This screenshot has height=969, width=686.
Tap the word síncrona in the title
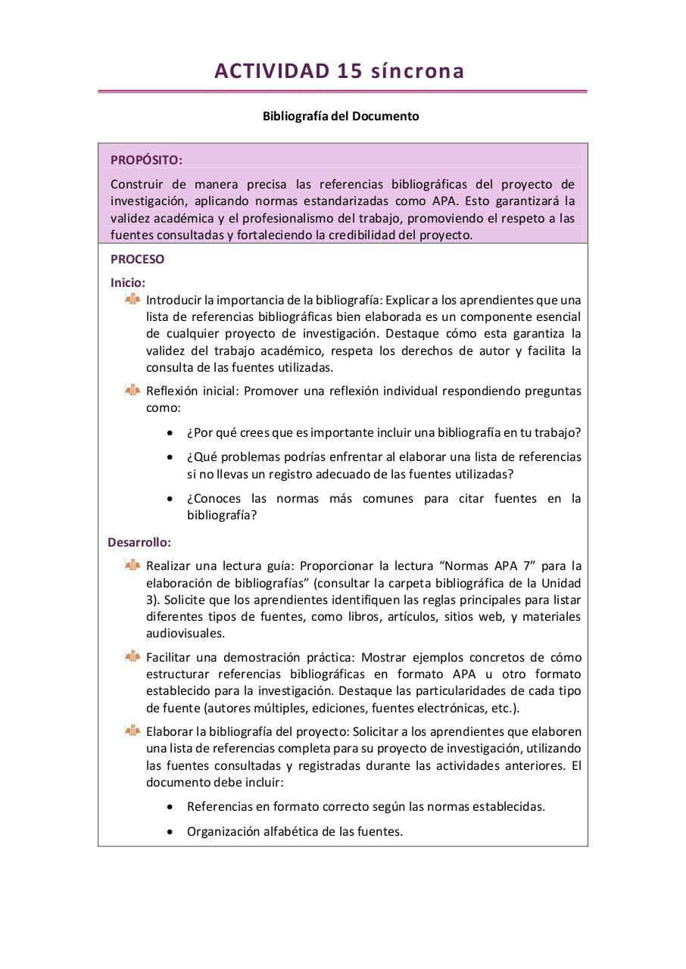pyautogui.click(x=418, y=71)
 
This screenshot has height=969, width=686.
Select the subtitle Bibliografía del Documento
pyautogui.click(x=341, y=117)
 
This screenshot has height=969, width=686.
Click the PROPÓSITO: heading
pyautogui.click(x=146, y=160)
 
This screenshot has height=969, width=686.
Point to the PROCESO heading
pyautogui.click(x=137, y=259)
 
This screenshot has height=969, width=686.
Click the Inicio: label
pyautogui.click(x=128, y=282)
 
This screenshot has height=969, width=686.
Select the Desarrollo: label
pyautogui.click(x=139, y=542)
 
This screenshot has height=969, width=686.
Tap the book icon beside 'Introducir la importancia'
pyautogui.click(x=133, y=300)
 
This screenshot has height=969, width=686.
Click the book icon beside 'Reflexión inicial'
pyautogui.click(x=133, y=391)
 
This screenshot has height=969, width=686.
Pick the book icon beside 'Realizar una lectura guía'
pyautogui.click(x=133, y=565)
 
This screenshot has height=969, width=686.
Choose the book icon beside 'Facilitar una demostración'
pyautogui.click(x=133, y=656)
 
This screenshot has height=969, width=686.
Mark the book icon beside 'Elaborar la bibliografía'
pyautogui.click(x=133, y=731)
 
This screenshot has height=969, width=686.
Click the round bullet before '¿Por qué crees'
pyautogui.click(x=170, y=433)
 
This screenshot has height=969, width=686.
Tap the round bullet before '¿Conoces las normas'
pyautogui.click(x=170, y=499)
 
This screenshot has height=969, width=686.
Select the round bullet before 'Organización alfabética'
pyautogui.click(x=170, y=832)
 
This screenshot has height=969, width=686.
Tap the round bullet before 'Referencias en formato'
pyautogui.click(x=170, y=807)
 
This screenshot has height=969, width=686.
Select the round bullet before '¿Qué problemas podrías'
pyautogui.click(x=170, y=458)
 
